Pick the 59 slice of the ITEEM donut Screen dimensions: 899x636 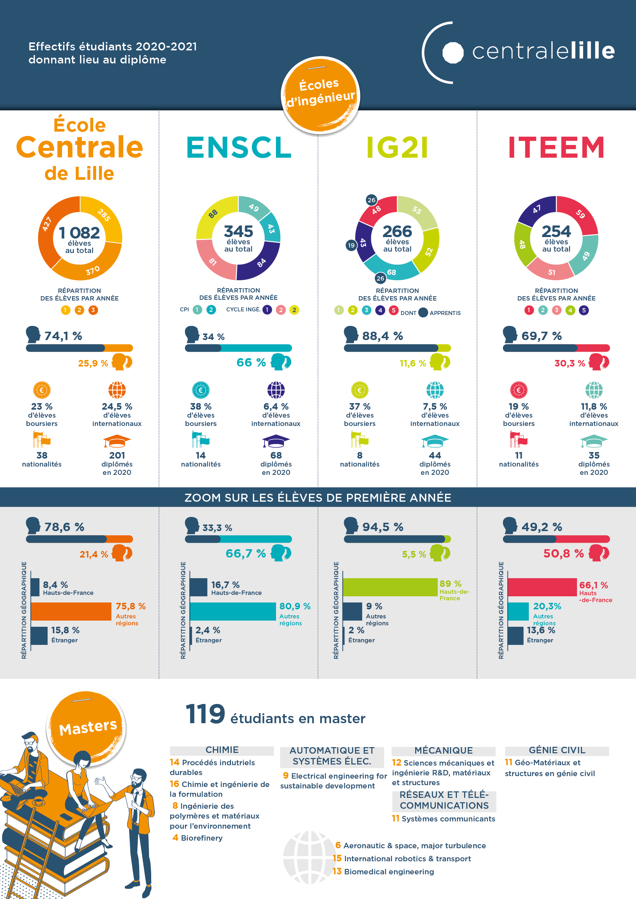pyautogui.click(x=581, y=214)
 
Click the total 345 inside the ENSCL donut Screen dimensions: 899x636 pyautogui.click(x=238, y=231)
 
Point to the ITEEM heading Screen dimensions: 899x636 pyautogui.click(x=556, y=148)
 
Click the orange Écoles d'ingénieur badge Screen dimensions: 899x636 pyautogui.click(x=320, y=94)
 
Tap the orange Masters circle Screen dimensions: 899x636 pyautogui.click(x=87, y=728)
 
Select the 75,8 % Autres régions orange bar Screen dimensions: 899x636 pyautogui.click(x=71, y=612)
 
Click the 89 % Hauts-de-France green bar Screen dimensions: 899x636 pyautogui.click(x=390, y=587)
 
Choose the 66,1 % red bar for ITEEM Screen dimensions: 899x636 pyautogui.click(x=542, y=587)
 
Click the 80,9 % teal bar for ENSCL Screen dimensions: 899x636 pyautogui.click(x=233, y=612)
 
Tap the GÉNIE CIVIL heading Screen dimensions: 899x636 pyautogui.click(x=557, y=750)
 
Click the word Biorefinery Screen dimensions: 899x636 pyautogui.click(x=201, y=838)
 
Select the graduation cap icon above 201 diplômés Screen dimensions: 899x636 pyautogui.click(x=117, y=441)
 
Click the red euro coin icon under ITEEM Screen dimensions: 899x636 pyautogui.click(x=519, y=390)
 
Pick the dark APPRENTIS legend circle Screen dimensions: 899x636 pyautogui.click(x=423, y=312)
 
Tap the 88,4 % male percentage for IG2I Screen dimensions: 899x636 pyautogui.click(x=382, y=336)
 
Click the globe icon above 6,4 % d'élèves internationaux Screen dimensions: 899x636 pyautogui.click(x=276, y=390)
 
